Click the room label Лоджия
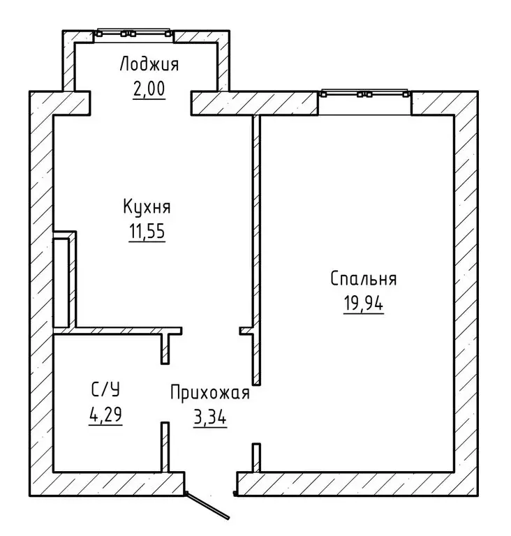pyautogui.click(x=149, y=64)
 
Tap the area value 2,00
pyautogui.click(x=149, y=89)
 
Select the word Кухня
pyautogui.click(x=147, y=207)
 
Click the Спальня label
pyautogui.click(x=364, y=278)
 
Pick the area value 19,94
pyautogui.click(x=364, y=303)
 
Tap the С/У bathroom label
pyautogui.click(x=105, y=389)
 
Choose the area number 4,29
pyautogui.click(x=105, y=415)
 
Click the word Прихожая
pyautogui.click(x=210, y=393)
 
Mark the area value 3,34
pyautogui.click(x=210, y=417)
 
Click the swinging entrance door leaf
pyautogui.click(x=207, y=505)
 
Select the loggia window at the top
pyautogui.click(x=133, y=33)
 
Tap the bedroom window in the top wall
pyautogui.click(x=364, y=94)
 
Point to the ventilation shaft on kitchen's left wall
pyautogui.click(x=64, y=280)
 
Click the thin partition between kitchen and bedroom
pyautogui.click(x=256, y=250)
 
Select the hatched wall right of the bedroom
pyautogui.click(x=466, y=294)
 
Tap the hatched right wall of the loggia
pyautogui.click(x=223, y=61)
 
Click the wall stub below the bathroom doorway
pyautogui.click(x=165, y=447)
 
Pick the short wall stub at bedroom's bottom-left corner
pyautogui.click(x=256, y=458)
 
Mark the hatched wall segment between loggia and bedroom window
pyautogui.click(x=255, y=103)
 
